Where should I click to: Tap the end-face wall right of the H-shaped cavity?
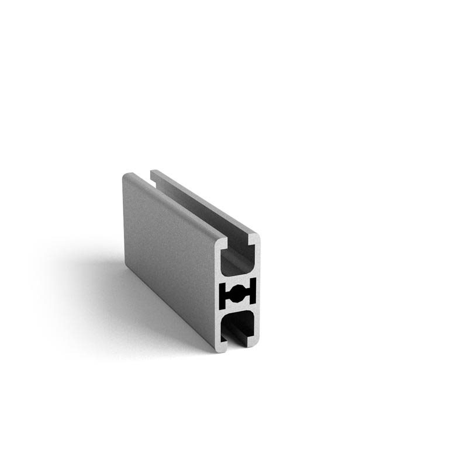tap(258, 292)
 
